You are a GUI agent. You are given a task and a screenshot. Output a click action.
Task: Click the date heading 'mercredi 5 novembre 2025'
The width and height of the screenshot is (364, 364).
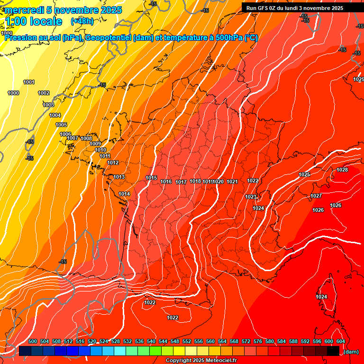tap(64, 10)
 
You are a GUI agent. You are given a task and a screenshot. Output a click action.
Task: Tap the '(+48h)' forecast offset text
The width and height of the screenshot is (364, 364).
tap(82, 21)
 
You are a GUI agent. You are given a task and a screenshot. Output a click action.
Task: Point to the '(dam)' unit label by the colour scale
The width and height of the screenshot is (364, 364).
tap(351, 352)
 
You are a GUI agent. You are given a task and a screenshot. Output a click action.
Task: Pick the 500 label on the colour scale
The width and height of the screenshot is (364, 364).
tap(33, 341)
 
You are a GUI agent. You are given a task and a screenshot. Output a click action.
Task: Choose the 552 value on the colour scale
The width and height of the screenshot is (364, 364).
tap(187, 341)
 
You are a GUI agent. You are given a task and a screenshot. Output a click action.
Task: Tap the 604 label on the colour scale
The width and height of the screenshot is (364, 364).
tap(340, 341)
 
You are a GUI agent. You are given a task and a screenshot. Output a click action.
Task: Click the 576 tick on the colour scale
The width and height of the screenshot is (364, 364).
tap(258, 341)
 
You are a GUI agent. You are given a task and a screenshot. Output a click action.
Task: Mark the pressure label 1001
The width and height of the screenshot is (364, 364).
tap(29, 82)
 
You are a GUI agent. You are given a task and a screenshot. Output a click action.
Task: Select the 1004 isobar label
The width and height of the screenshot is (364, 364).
tap(55, 115)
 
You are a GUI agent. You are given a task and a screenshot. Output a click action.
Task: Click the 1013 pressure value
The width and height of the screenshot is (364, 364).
tap(119, 177)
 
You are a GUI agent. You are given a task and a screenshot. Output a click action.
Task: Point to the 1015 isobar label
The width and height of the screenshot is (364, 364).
tap(151, 178)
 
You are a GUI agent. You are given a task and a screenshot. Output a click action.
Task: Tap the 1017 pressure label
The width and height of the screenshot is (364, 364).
tap(181, 182)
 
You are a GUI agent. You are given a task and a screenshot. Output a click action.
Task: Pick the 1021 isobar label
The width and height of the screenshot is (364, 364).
tap(232, 182)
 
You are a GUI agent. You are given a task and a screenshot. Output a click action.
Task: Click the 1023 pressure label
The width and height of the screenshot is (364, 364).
tap(251, 197)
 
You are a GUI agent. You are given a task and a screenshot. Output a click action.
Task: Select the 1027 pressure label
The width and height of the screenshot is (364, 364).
tap(316, 196)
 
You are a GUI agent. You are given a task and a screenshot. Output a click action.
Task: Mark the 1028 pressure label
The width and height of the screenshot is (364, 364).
tap(342, 170)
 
